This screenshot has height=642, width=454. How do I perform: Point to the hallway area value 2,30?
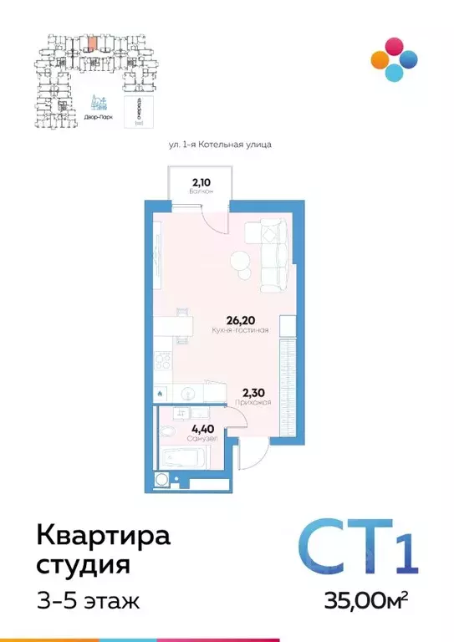coord(255,390)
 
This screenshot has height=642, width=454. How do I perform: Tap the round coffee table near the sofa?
coord(241,262)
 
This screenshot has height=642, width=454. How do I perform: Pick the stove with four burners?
coord(162,361)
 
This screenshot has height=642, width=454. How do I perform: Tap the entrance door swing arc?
coord(253,455)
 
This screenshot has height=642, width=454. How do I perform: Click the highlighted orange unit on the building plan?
coord(92,38)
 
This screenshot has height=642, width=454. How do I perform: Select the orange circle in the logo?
coord(379,59)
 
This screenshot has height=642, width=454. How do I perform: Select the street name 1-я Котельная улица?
coord(221,145)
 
